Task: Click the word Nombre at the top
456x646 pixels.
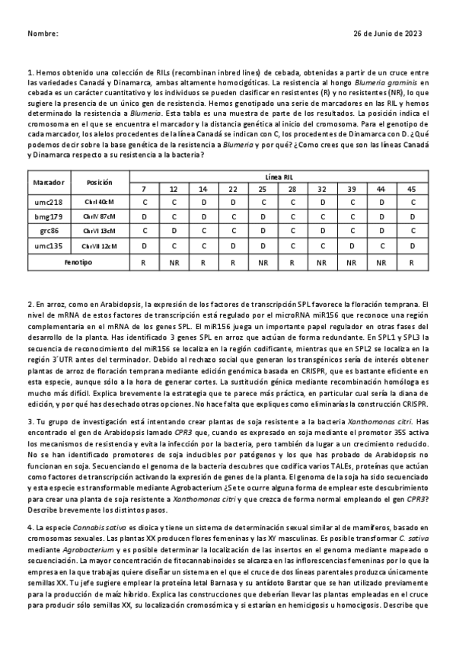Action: pos(42,34)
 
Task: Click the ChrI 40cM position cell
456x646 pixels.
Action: pos(100,202)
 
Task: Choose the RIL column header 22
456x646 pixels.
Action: pos(233,188)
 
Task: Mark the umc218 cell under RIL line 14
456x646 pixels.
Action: pos(203,202)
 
